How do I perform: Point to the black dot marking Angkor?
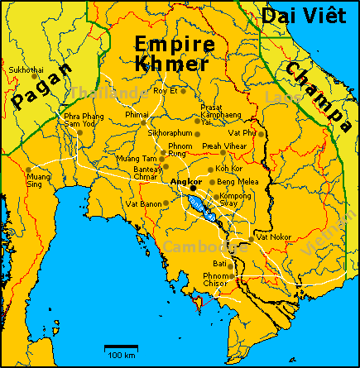pos(193,188)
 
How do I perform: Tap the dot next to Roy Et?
pos(184,89)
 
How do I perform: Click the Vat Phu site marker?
pos(262,133)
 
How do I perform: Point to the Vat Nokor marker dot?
pos(252,240)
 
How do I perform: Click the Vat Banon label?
pos(143,203)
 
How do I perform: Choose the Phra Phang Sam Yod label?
pos(84,121)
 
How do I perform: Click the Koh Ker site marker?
pos(211,169)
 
